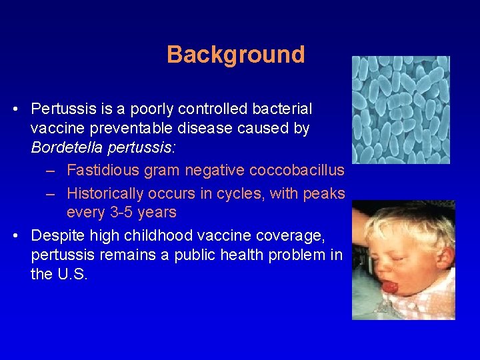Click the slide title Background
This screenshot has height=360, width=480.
[235, 54]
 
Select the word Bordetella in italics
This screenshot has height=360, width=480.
[65, 148]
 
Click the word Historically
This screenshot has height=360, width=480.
[105, 193]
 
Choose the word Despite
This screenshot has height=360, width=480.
[58, 235]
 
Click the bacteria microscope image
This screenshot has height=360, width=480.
[401, 109]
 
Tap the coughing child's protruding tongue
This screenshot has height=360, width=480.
[388, 287]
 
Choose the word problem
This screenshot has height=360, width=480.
[293, 255]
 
